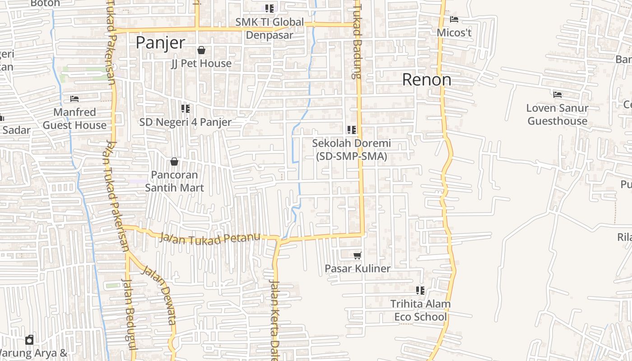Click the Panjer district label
tap(160, 43)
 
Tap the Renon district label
tap(427, 80)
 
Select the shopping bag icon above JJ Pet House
tap(201, 50)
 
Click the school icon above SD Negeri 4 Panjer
tap(186, 109)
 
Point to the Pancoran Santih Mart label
tap(174, 181)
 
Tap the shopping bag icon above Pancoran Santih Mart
tap(174, 162)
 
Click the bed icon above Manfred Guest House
tap(74, 99)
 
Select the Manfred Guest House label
tap(74, 119)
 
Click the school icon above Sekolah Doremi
tap(352, 130)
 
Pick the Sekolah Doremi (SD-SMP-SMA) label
tap(352, 150)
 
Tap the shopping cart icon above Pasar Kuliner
tap(357, 255)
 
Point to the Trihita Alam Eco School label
tap(420, 310)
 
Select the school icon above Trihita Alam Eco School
tap(420, 290)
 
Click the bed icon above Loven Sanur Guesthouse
tap(558, 95)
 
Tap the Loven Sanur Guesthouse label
tap(558, 115)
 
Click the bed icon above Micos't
tap(454, 19)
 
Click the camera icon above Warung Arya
tap(29, 339)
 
